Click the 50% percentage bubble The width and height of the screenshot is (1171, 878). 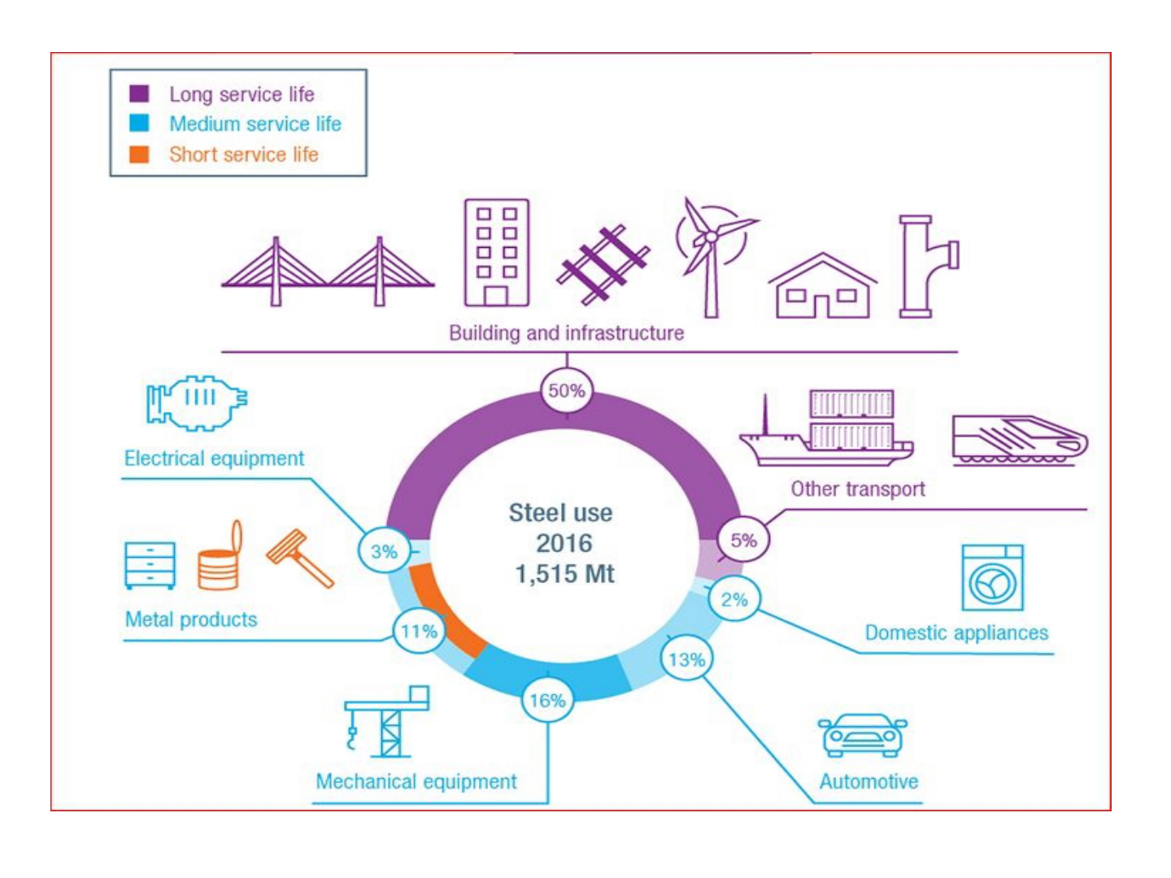(567, 390)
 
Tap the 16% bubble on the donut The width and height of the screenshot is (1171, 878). (547, 700)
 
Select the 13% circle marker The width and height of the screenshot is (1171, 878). (686, 659)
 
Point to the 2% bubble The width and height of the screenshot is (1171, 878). (734, 600)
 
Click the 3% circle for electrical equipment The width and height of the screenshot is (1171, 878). (384, 552)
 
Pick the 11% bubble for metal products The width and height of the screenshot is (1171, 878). (419, 631)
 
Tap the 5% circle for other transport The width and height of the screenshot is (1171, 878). (743, 540)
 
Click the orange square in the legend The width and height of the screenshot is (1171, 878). (139, 154)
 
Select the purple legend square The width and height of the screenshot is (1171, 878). (139, 93)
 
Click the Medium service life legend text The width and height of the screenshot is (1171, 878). (255, 124)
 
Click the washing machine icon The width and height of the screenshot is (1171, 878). (992, 578)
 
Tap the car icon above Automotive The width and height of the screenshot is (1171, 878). (862, 735)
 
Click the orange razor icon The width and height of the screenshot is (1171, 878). (299, 557)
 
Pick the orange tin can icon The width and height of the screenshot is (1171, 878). (220, 559)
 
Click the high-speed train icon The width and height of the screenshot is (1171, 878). (1019, 441)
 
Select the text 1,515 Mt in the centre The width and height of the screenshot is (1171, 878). (564, 574)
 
